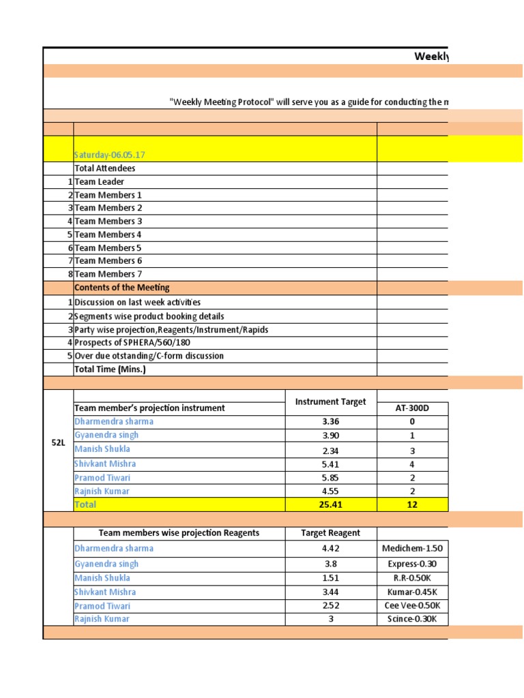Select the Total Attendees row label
(x=105, y=168)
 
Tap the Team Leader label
(x=100, y=182)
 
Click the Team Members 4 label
(x=108, y=234)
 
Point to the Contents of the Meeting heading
(x=122, y=288)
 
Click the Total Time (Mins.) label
(x=110, y=369)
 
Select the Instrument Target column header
(x=330, y=402)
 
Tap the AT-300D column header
(x=412, y=408)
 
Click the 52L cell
(x=58, y=443)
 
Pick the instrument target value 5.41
(x=330, y=464)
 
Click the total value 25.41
(x=330, y=504)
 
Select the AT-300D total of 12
(x=412, y=504)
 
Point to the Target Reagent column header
(x=330, y=533)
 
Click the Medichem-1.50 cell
(x=412, y=549)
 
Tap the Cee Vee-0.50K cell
(x=412, y=606)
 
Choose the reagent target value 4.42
(x=330, y=549)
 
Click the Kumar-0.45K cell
(x=412, y=592)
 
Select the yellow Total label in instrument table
(x=85, y=504)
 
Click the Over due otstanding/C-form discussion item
(x=149, y=356)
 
